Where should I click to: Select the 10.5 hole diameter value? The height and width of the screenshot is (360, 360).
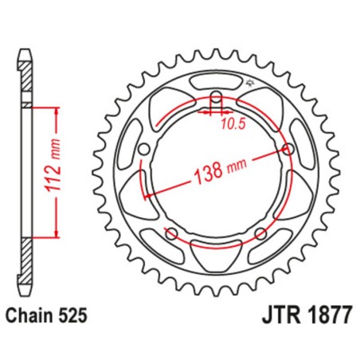pos(231,123)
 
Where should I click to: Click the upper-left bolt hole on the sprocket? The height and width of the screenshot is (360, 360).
pos(143,151)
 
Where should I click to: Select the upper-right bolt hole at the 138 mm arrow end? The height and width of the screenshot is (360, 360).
pos(287,151)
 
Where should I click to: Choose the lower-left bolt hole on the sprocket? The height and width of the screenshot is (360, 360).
pos(170,233)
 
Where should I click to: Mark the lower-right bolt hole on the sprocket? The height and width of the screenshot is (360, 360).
pos(260,233)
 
